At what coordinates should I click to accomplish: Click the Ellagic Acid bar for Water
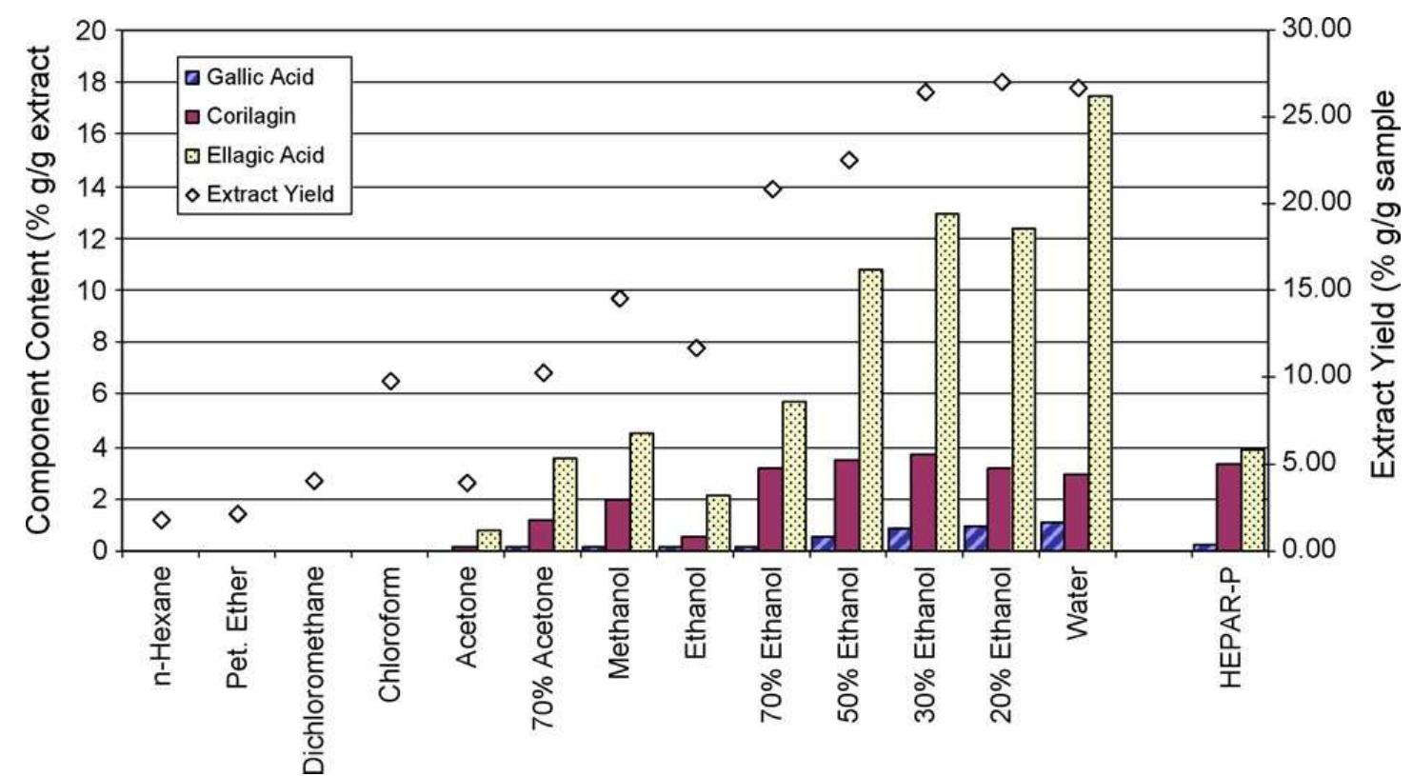tap(1100, 323)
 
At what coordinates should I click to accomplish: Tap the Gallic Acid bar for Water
tap(1051, 536)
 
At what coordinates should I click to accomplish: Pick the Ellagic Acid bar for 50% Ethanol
tap(870, 409)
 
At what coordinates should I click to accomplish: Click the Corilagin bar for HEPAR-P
tap(1229, 507)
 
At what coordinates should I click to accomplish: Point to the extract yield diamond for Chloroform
tap(390, 382)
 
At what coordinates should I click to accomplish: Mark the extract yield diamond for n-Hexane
tap(162, 520)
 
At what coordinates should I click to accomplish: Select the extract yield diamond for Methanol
tap(620, 299)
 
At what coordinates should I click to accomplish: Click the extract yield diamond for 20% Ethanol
tap(1002, 83)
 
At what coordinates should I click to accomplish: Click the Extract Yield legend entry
tap(259, 194)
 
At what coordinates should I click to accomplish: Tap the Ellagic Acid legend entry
tap(254, 155)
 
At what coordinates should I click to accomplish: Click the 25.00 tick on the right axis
tap(1317, 115)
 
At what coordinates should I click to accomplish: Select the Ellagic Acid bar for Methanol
tap(641, 491)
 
